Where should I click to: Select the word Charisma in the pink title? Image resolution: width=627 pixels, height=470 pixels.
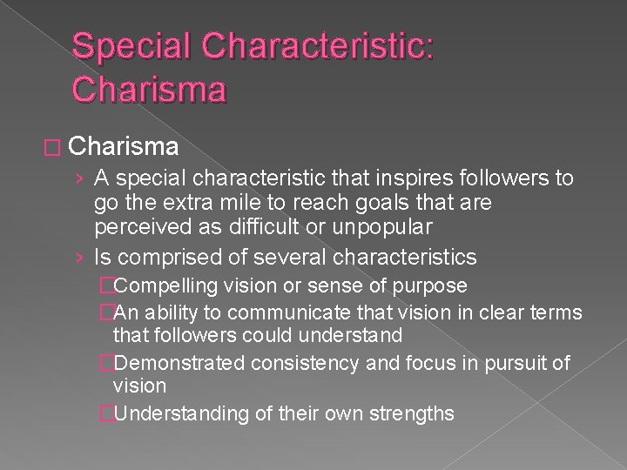(150, 89)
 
